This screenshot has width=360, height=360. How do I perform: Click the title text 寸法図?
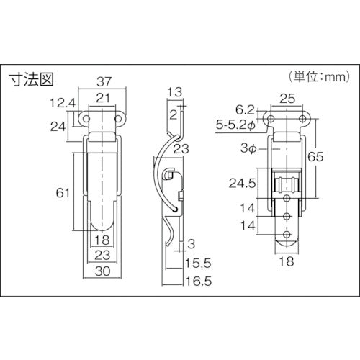[x=31, y=79]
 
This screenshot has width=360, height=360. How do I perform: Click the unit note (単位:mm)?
[x=320, y=77]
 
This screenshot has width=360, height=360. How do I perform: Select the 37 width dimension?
[x=104, y=81]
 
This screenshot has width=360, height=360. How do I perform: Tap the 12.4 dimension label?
[x=63, y=103]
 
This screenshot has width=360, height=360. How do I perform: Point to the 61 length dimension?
[x=63, y=193]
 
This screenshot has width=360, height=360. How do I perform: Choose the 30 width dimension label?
[x=102, y=271]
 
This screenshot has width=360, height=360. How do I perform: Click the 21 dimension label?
[x=103, y=98]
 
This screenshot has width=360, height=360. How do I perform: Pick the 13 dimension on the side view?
[x=175, y=92]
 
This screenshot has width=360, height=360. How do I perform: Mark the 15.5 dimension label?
[x=198, y=263]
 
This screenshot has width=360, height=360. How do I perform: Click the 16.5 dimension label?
[x=199, y=281]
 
